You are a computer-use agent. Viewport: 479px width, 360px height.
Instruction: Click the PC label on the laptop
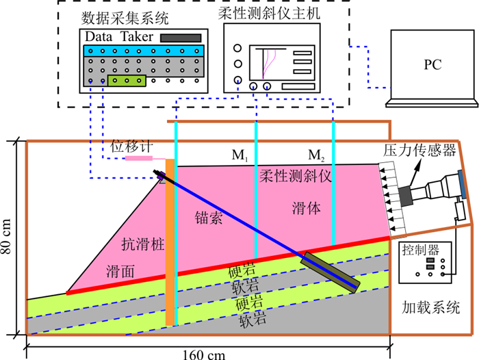click(432, 65)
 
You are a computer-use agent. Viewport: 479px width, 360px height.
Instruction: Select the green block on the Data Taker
click(127, 81)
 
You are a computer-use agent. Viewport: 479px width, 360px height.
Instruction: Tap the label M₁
click(239, 154)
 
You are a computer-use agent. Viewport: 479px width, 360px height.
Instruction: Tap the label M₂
click(315, 154)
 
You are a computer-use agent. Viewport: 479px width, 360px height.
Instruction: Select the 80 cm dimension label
click(8, 237)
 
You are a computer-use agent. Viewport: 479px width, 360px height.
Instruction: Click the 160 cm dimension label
click(203, 353)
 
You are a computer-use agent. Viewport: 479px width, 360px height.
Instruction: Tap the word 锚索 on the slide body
click(206, 219)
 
